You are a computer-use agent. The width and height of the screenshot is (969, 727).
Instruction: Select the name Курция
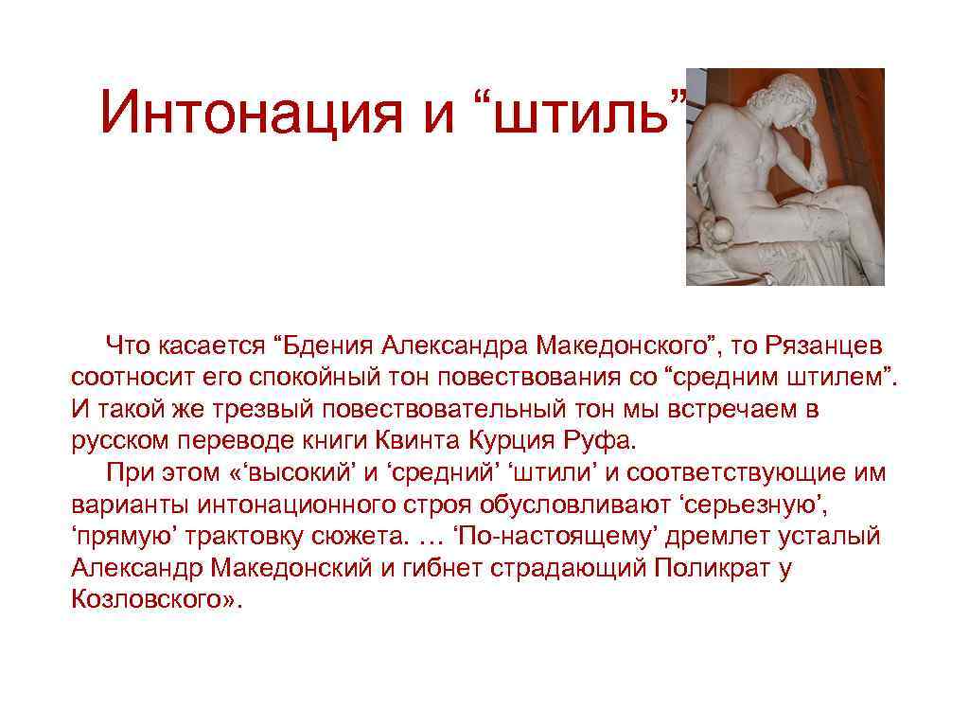(x=514, y=442)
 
